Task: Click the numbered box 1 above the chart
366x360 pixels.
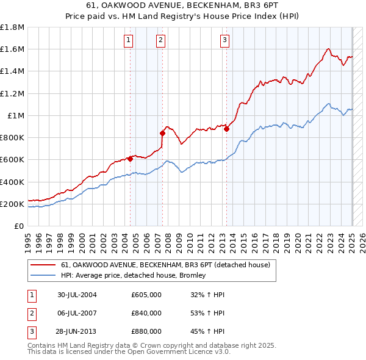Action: (x=129, y=40)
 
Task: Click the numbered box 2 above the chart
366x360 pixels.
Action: (x=160, y=40)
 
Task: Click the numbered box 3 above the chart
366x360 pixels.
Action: (x=225, y=40)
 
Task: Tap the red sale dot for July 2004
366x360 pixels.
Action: (x=131, y=159)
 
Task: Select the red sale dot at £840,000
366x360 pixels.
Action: (x=163, y=133)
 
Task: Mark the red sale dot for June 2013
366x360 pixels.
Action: (x=226, y=129)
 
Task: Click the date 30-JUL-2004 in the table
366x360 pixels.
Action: (x=77, y=295)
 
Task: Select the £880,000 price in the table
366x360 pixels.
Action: (x=146, y=331)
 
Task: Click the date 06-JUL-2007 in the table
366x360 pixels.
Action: (x=77, y=313)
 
